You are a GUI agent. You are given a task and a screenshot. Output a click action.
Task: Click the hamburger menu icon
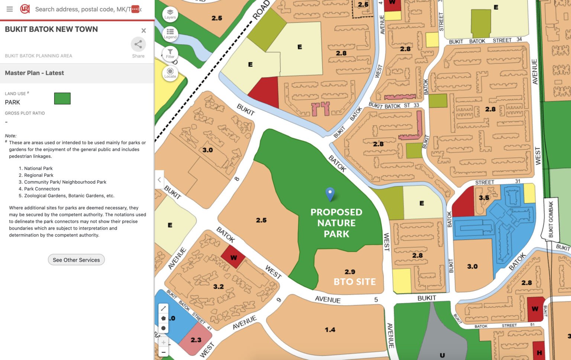click(10, 9)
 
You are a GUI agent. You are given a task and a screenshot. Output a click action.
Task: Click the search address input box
click(82, 9)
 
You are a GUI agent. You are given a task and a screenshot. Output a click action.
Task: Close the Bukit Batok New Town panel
click(143, 30)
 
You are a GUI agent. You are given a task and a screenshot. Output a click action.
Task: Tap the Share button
click(138, 45)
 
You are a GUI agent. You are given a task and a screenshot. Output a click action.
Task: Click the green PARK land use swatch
click(62, 99)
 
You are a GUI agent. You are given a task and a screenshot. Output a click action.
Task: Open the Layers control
click(170, 14)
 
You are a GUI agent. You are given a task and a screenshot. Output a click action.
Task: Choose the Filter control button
click(170, 53)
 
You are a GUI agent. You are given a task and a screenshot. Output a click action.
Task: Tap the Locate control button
click(170, 73)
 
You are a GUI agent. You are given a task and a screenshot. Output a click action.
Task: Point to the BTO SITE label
click(354, 282)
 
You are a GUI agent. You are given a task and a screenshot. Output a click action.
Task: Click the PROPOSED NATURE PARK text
click(336, 223)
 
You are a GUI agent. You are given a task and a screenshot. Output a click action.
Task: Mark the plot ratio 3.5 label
click(484, 198)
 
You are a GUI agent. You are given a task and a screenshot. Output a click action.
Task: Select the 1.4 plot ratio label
click(330, 330)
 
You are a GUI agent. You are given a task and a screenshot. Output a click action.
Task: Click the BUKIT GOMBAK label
click(551, 219)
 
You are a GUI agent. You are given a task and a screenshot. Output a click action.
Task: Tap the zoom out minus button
click(163, 352)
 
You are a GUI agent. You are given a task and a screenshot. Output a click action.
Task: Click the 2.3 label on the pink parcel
click(196, 340)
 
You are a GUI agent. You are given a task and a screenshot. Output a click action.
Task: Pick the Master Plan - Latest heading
click(34, 73)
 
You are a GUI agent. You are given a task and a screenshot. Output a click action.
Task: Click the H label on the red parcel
click(539, 353)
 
